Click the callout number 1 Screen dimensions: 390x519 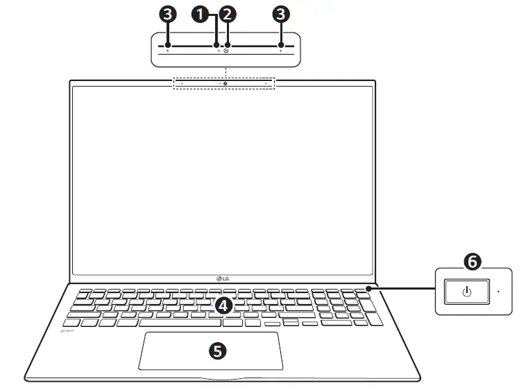(x=201, y=14)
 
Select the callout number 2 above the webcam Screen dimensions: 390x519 (x=227, y=14)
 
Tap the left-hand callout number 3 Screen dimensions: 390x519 (x=167, y=14)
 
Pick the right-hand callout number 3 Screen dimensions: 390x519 (x=281, y=14)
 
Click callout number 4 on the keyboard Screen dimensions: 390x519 (x=223, y=305)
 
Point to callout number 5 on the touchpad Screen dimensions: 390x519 (x=217, y=351)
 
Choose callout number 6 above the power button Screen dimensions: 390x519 (x=471, y=261)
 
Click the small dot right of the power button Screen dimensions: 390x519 (x=498, y=292)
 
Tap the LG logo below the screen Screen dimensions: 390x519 (x=223, y=278)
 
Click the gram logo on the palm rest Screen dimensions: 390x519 (x=68, y=331)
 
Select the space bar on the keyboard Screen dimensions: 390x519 (x=180, y=323)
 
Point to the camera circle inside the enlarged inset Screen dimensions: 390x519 (x=227, y=51)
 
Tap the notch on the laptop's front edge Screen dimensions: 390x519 (x=223, y=379)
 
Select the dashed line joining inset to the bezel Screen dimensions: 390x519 (x=226, y=72)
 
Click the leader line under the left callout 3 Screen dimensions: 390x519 (x=167, y=34)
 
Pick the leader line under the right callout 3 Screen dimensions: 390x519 (x=281, y=34)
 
